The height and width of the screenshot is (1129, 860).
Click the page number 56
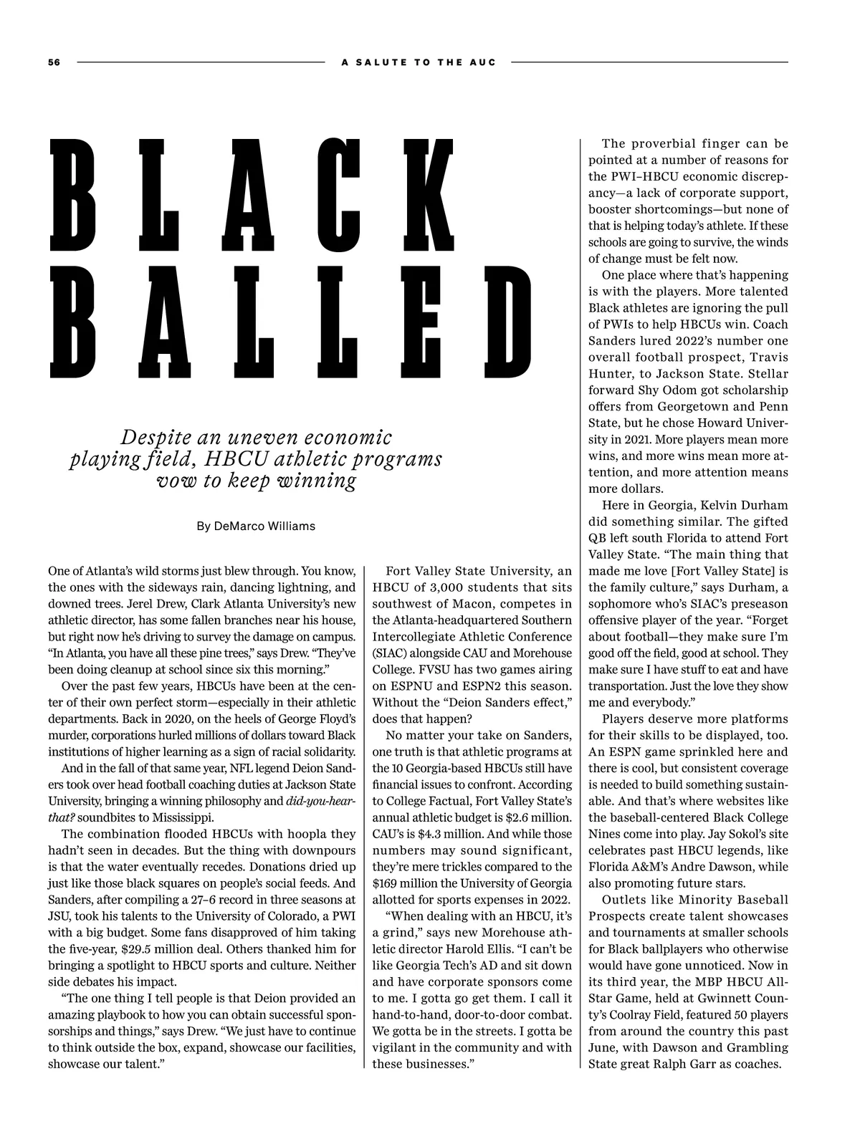(54, 62)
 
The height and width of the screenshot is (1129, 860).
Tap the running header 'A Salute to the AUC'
(419, 62)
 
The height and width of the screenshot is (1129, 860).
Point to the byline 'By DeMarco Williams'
(256, 526)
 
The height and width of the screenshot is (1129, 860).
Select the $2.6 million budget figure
(537, 817)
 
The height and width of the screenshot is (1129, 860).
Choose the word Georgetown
(696, 406)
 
